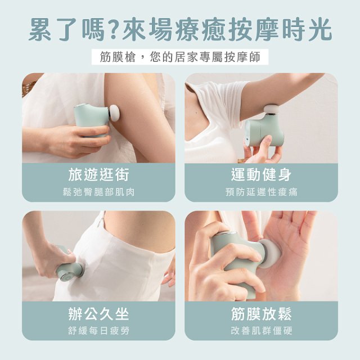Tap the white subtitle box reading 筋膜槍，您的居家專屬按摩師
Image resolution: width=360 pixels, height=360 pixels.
[x=180, y=57]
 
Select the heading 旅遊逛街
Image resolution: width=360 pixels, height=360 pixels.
[x=99, y=175]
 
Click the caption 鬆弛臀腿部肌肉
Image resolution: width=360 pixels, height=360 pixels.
[x=99, y=192]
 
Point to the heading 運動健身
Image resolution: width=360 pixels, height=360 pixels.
[x=261, y=175]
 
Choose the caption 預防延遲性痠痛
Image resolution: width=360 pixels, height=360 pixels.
[x=261, y=192]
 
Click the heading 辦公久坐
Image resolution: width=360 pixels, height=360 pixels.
[x=99, y=314]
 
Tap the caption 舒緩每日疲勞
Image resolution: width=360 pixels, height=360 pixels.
[x=99, y=331]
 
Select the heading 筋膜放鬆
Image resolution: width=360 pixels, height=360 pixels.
[x=261, y=314]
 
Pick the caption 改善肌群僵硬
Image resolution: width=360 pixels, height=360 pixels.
[x=261, y=331]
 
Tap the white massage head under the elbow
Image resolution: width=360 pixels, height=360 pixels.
[x=271, y=109]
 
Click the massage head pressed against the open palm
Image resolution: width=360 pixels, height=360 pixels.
[x=271, y=253]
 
